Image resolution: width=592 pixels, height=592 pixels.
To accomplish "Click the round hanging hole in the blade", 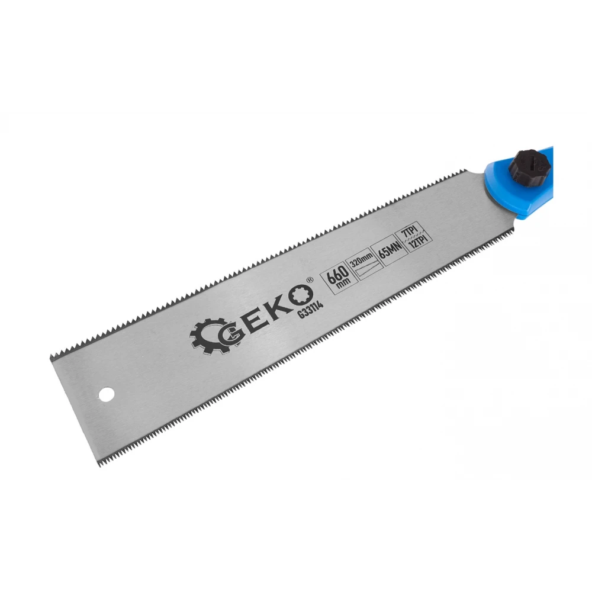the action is (106, 394).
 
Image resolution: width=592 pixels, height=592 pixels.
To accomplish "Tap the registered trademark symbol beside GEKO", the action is (310, 280).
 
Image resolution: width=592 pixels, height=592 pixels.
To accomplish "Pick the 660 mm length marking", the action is (338, 276).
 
